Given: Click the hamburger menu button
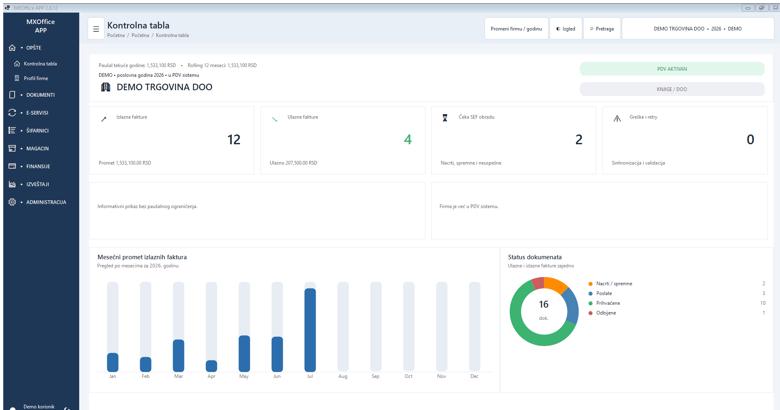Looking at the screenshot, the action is point(96,29).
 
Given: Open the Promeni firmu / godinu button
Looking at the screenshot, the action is point(516,29).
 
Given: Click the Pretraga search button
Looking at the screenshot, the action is point(602,29).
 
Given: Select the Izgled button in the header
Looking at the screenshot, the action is point(566,29).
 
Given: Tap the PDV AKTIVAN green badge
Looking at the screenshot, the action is point(672,69).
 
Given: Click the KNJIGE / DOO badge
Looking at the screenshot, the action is point(672,89).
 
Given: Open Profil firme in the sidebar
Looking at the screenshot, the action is point(36,78).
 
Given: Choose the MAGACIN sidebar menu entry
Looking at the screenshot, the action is point(37,148).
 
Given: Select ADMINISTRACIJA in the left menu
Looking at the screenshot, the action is point(46,202).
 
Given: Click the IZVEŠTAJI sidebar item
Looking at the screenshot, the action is point(37,184).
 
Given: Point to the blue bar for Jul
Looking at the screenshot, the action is point(310,330).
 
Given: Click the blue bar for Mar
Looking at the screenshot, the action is point(178,356).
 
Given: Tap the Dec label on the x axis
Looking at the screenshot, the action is point(474,376).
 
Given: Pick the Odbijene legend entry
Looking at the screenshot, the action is point(606,313).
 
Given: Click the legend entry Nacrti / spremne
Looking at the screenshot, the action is point(614,284).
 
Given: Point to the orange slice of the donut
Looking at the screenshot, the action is point(555,284).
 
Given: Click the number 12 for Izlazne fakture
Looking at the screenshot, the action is point(234,139).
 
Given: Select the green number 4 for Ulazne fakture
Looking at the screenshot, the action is point(408,139).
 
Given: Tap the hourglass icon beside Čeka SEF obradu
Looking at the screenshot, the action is point(445,118).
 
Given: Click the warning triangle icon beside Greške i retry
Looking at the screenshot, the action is point(617,118).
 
